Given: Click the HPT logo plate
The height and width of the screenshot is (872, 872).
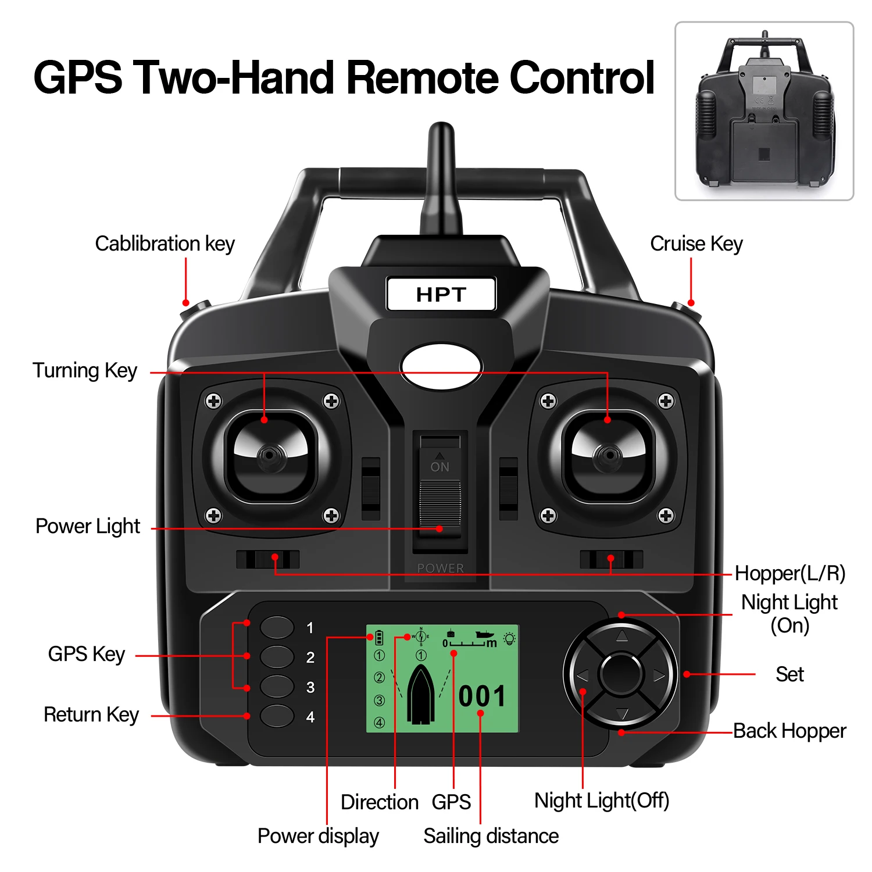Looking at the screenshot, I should point(441,294).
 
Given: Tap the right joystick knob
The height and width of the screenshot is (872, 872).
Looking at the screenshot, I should point(609,455).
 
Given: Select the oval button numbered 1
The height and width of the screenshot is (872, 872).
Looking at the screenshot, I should point(277,627).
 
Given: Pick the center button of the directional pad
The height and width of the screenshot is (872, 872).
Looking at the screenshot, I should point(621,674).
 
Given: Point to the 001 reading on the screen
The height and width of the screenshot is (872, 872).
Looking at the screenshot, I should point(482,696).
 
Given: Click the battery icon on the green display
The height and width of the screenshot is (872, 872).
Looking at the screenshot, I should point(379,638).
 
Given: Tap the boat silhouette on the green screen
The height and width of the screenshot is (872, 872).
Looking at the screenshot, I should point(421,695).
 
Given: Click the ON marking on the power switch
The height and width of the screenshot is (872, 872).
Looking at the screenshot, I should point(440,466).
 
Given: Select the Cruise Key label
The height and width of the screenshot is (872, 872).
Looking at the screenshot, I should point(696,244).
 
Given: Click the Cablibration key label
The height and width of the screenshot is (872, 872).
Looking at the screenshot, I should point(165,244).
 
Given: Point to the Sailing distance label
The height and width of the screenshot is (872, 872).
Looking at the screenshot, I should point(491,836).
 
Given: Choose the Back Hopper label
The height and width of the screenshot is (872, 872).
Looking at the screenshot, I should point(789,731).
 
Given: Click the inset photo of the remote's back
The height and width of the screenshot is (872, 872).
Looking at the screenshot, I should point(764,111).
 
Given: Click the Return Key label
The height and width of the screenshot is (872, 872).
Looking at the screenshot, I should point(91,714).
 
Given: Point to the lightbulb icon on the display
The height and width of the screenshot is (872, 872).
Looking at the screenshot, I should point(510,638).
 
